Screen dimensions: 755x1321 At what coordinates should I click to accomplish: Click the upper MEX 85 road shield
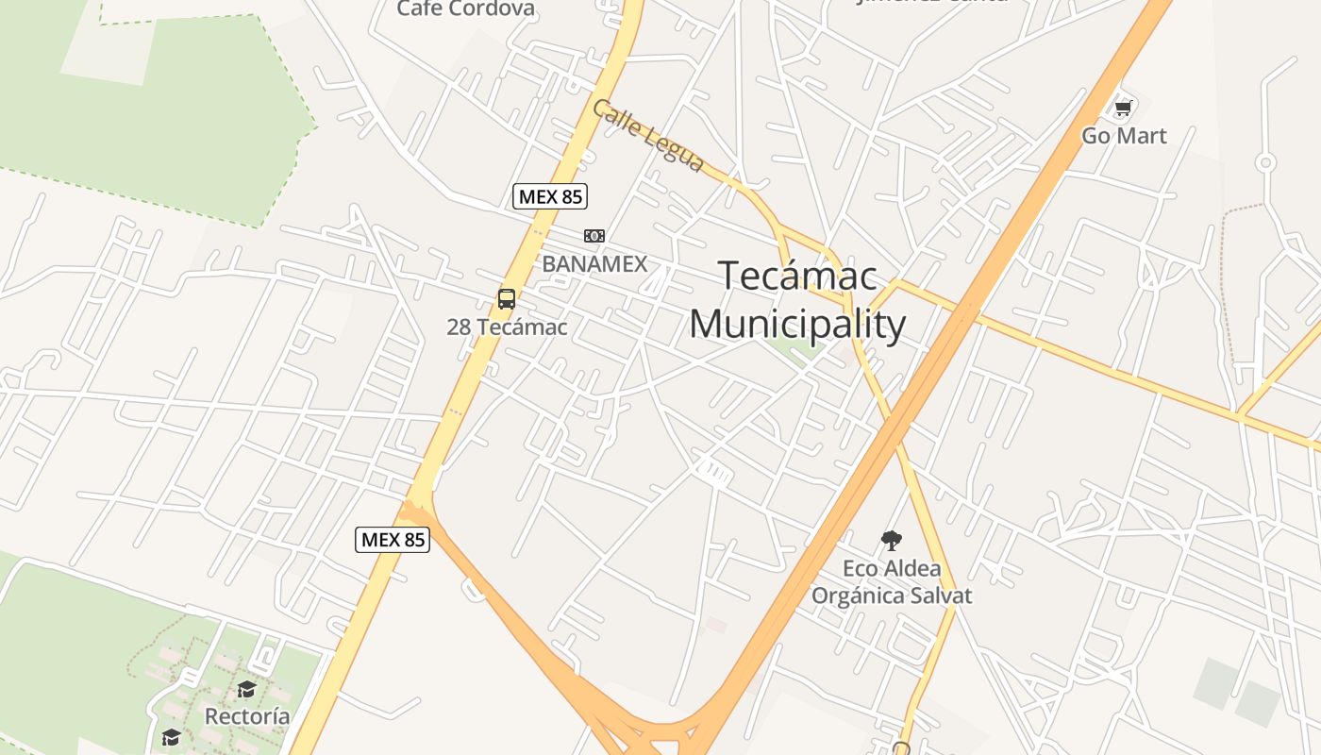pyautogui.click(x=550, y=196)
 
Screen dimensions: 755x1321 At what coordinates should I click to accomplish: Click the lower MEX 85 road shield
pyautogui.click(x=393, y=540)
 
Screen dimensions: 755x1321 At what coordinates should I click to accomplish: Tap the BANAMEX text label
pyautogui.click(x=594, y=264)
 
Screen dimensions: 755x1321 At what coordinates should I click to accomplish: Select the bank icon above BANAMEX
pyautogui.click(x=594, y=236)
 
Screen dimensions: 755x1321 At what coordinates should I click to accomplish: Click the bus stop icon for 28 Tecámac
pyautogui.click(x=507, y=300)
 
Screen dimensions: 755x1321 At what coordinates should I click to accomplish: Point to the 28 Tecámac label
pyautogui.click(x=507, y=327)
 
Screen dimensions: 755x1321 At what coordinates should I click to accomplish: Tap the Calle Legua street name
pyautogui.click(x=648, y=137)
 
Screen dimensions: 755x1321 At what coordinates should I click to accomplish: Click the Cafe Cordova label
pyautogui.click(x=465, y=9)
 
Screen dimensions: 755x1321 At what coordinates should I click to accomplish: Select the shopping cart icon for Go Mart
pyautogui.click(x=1123, y=109)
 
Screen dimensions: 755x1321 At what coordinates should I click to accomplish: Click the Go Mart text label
pyautogui.click(x=1124, y=136)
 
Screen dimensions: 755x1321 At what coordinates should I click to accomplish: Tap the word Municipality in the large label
pyautogui.click(x=797, y=324)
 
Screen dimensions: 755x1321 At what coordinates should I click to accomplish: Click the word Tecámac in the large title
pyautogui.click(x=797, y=277)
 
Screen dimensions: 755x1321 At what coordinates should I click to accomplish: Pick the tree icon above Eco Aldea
pyautogui.click(x=891, y=541)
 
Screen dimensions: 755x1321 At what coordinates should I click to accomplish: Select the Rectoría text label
pyautogui.click(x=247, y=716)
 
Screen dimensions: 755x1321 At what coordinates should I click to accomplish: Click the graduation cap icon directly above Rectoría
pyautogui.click(x=246, y=690)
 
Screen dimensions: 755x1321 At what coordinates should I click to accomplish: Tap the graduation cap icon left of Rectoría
pyautogui.click(x=171, y=737)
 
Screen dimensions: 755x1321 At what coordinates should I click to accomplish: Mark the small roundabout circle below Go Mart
pyautogui.click(x=1265, y=163)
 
